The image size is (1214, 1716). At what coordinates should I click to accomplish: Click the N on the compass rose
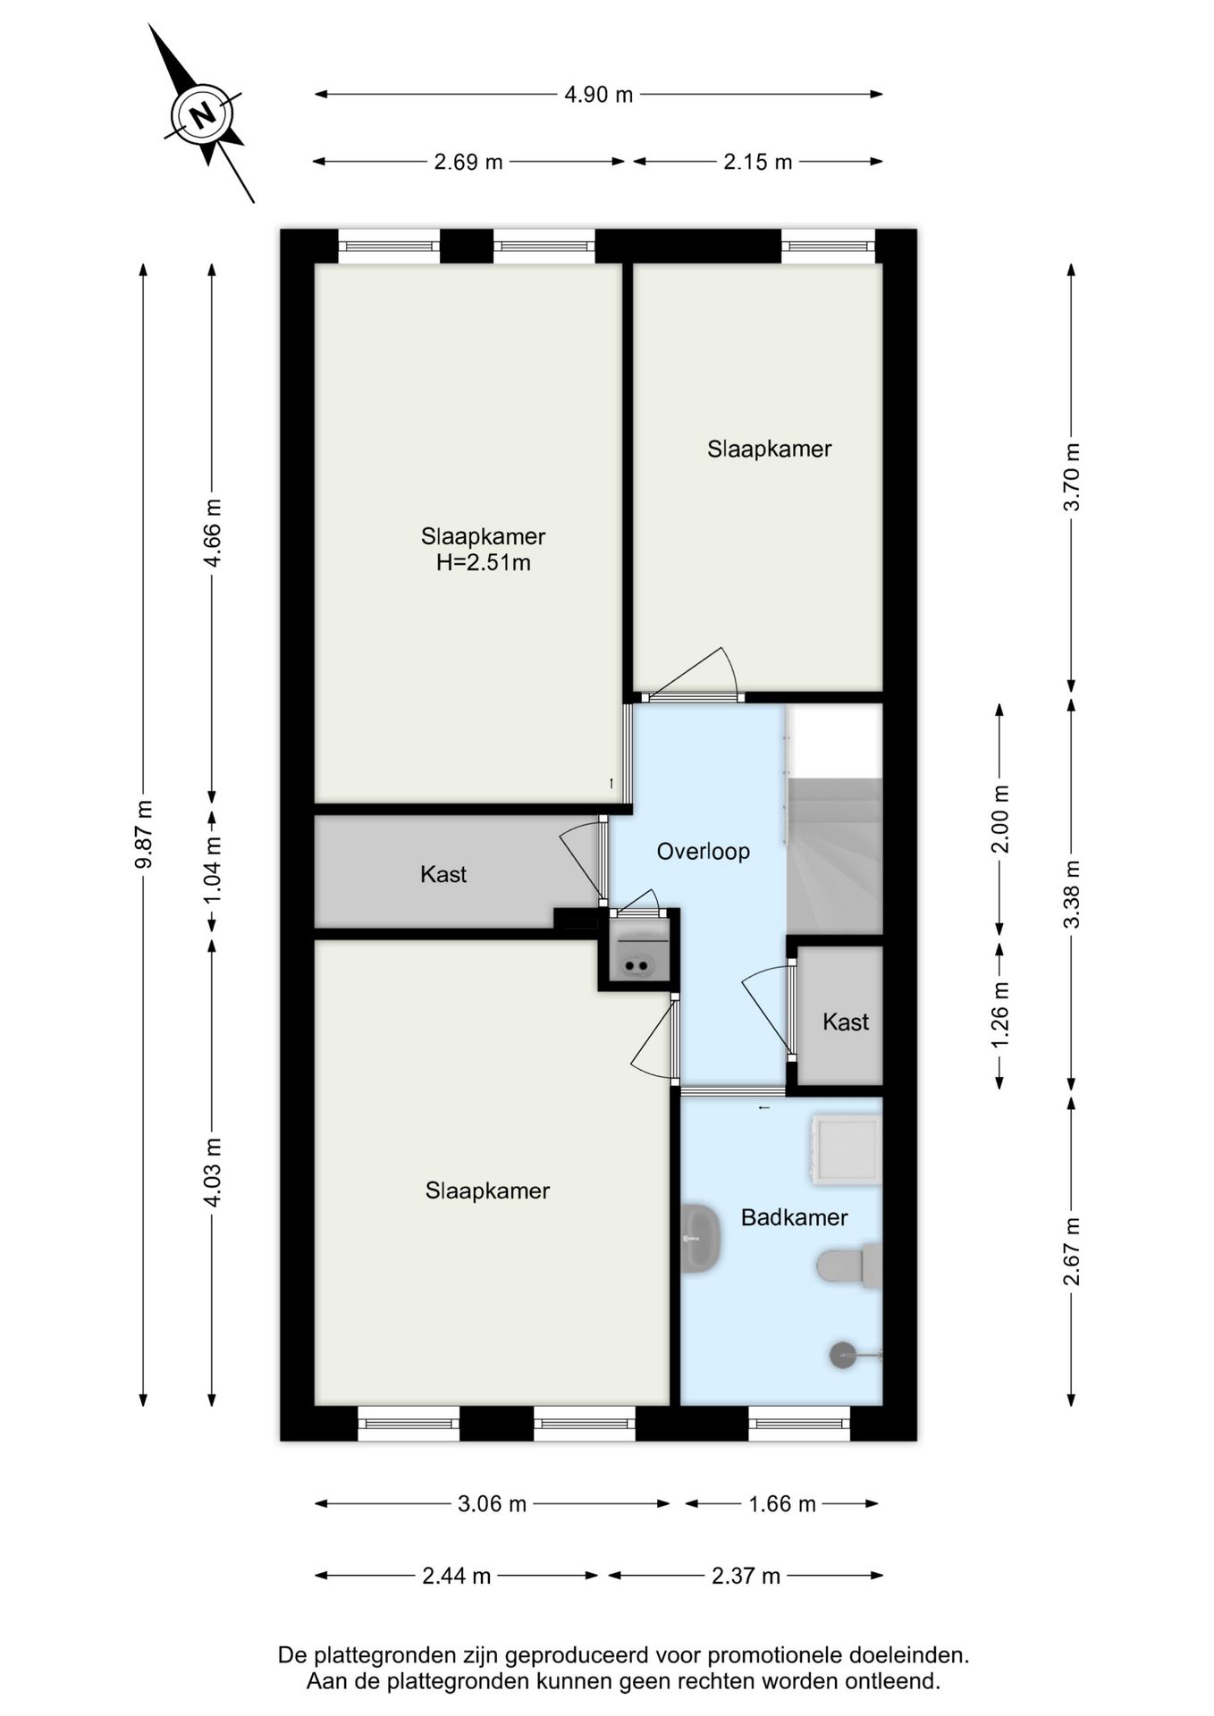[204, 114]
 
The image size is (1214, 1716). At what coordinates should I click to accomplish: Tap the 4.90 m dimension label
[598, 94]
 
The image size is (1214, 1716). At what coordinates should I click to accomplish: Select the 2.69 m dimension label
[468, 162]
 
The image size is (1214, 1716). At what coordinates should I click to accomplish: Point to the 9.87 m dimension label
[143, 835]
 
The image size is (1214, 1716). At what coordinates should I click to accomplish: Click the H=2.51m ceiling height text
[483, 562]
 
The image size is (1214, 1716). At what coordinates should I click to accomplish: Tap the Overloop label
[703, 852]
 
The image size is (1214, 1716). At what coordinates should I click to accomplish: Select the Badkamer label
[794, 1217]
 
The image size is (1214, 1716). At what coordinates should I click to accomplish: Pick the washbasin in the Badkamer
[700, 1238]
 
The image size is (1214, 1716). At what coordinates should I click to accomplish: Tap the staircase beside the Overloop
[834, 855]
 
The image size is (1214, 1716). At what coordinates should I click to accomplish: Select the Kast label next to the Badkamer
[846, 1022]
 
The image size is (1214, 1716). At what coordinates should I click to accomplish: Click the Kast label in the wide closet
[443, 874]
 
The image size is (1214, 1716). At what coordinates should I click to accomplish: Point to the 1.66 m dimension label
[781, 1504]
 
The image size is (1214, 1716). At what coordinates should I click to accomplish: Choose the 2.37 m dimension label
[746, 1576]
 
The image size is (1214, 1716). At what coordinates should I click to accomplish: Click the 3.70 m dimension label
[1071, 477]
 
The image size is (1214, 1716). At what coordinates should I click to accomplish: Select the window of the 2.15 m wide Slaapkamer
[828, 246]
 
